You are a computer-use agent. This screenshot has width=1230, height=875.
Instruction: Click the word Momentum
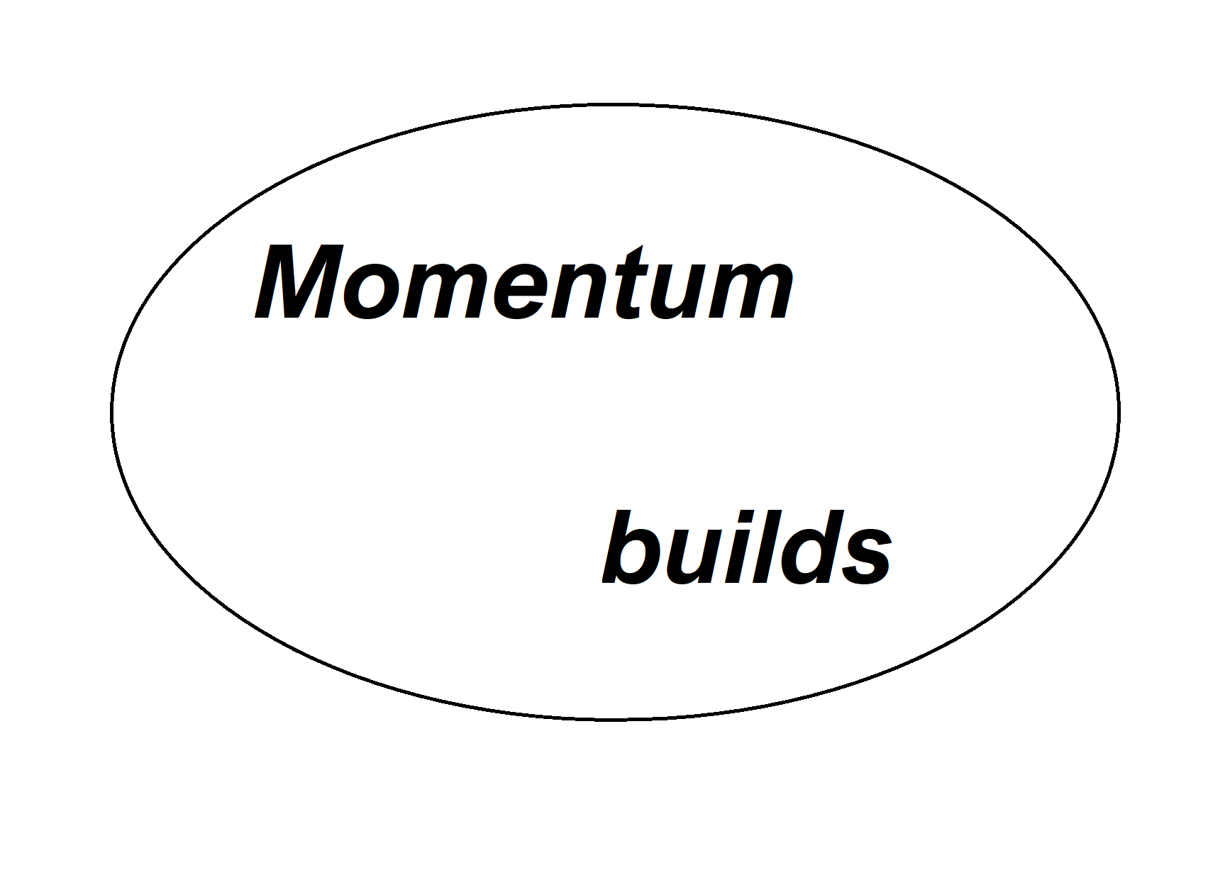click(x=524, y=282)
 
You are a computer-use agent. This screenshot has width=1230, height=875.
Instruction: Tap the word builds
click(x=747, y=547)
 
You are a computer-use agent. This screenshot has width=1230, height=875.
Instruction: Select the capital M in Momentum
click(x=299, y=282)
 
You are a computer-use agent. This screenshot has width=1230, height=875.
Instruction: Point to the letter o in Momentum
click(x=373, y=291)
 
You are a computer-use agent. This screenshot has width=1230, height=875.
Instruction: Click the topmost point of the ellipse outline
click(x=615, y=106)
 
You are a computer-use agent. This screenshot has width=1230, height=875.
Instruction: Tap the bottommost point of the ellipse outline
click(x=615, y=720)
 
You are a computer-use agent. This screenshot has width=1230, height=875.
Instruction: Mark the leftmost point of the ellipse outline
click(x=111, y=413)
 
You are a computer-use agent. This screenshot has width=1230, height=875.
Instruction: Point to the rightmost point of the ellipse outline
click(x=1119, y=413)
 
